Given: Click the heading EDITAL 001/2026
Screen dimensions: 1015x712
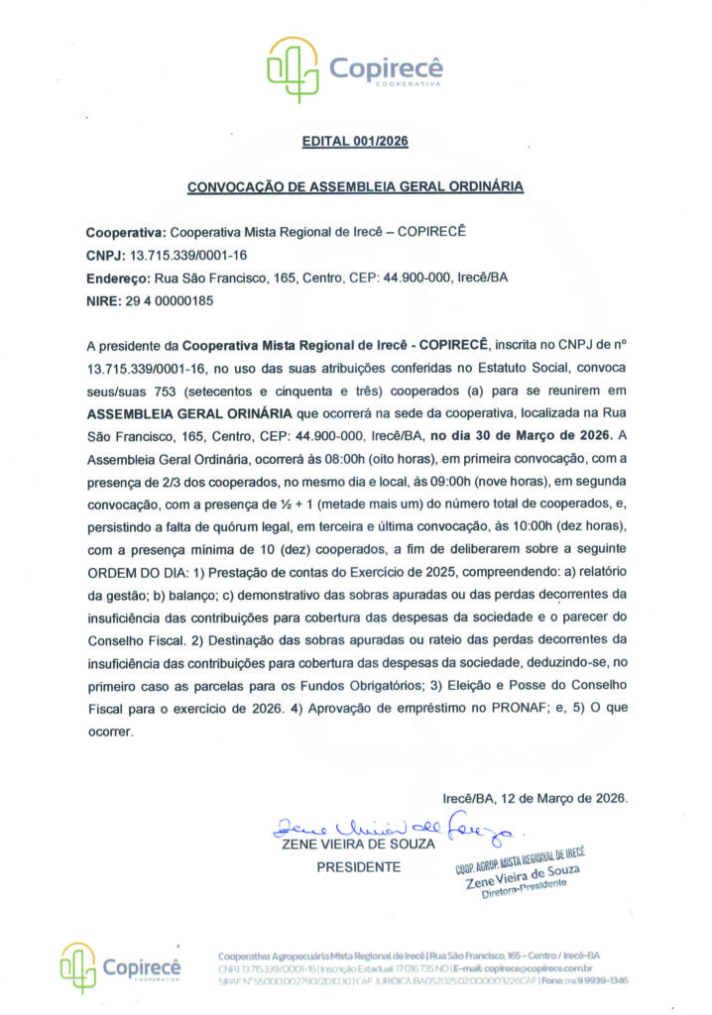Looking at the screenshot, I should [354, 143].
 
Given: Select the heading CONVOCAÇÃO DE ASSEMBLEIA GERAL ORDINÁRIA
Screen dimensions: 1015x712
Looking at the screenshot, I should [355, 186].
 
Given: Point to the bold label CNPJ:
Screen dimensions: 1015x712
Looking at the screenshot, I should [107, 255].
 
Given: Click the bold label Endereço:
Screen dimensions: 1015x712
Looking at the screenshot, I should [118, 278].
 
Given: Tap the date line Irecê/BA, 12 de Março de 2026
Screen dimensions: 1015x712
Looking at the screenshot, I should [534, 798].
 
